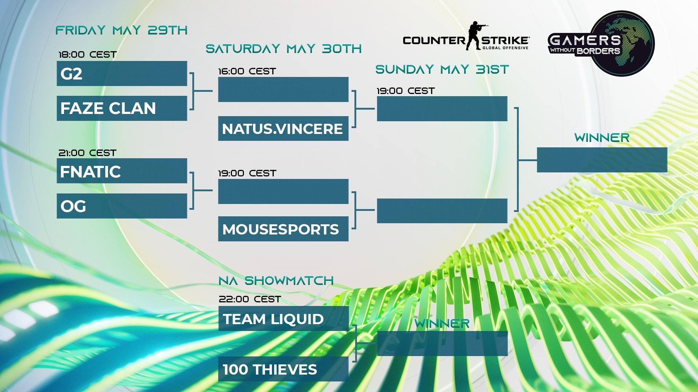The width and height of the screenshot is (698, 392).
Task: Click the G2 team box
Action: coord(122,74)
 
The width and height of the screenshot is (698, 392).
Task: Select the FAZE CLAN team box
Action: coord(122,108)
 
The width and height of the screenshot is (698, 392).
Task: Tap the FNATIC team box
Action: coord(122,171)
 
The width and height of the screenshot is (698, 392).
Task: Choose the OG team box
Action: coord(122,206)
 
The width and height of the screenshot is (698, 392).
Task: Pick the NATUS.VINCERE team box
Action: coord(283,128)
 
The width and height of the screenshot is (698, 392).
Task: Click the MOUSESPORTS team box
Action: coord(283,229)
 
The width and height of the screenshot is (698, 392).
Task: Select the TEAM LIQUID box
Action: coord(284,319)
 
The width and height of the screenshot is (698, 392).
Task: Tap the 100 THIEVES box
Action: coord(283,369)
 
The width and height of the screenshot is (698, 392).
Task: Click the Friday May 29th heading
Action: coord(121,30)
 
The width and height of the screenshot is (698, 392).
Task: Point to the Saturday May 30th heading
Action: coord(284,49)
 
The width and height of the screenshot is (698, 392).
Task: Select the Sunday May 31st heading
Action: coord(442,69)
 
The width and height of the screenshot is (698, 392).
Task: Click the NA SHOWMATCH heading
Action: coord(276,281)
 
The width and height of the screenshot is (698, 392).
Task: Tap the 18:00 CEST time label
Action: coord(88,55)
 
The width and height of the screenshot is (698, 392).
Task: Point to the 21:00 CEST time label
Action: coord(88,153)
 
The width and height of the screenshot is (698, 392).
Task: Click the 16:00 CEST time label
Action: coord(247,72)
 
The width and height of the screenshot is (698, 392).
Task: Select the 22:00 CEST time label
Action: coord(250,299)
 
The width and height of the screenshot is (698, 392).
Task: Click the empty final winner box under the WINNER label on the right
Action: coord(602,160)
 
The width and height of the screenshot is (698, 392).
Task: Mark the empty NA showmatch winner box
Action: coord(442,343)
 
